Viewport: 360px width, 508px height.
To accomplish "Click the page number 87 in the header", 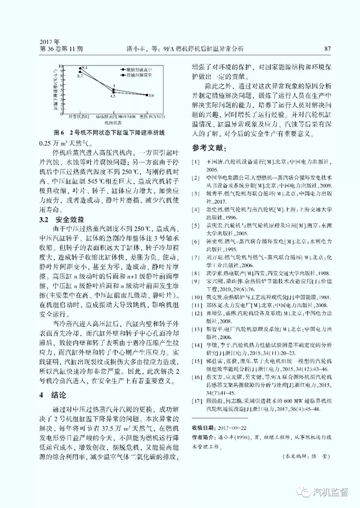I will [327, 49].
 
